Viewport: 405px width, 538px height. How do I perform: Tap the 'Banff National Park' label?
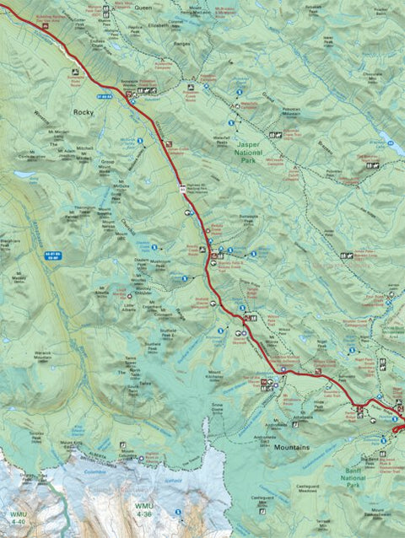pos(370,481)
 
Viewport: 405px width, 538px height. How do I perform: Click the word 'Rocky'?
pos(83,111)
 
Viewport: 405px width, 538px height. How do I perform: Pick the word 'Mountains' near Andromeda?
pos(292,446)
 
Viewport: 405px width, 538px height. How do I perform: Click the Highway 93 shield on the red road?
pos(182,192)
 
